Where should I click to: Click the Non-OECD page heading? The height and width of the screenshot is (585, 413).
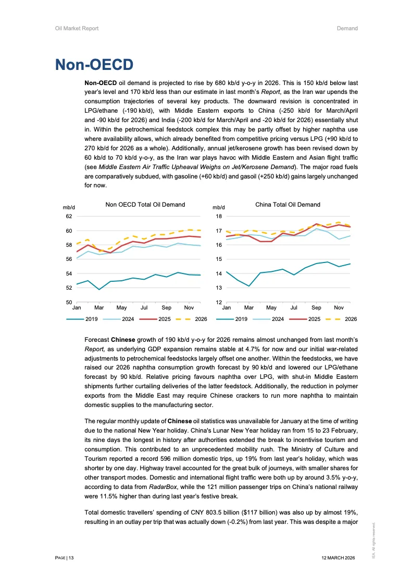[94, 65]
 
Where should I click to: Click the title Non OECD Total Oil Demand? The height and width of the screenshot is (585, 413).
[145, 205]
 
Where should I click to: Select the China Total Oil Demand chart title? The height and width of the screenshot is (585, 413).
[287, 205]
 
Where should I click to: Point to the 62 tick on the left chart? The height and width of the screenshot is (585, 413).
[69, 216]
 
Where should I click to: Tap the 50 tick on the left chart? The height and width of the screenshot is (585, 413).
[69, 302]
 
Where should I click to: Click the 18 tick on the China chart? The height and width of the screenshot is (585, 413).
[219, 216]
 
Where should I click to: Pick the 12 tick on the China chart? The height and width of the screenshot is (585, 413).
[219, 302]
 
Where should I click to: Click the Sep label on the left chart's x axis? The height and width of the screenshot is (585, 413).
[166, 308]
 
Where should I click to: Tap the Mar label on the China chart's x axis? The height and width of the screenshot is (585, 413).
[249, 308]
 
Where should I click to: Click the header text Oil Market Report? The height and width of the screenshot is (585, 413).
[77, 28]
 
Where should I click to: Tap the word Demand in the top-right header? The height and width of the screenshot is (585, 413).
[347, 28]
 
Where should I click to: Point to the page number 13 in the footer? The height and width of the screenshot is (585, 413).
[71, 558]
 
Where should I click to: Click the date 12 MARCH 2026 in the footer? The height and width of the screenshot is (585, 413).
[339, 558]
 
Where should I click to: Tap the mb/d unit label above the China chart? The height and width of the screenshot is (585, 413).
[218, 208]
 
